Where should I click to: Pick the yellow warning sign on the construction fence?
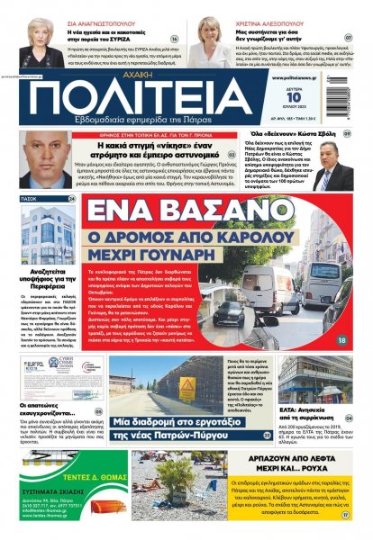(x=186, y=388)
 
